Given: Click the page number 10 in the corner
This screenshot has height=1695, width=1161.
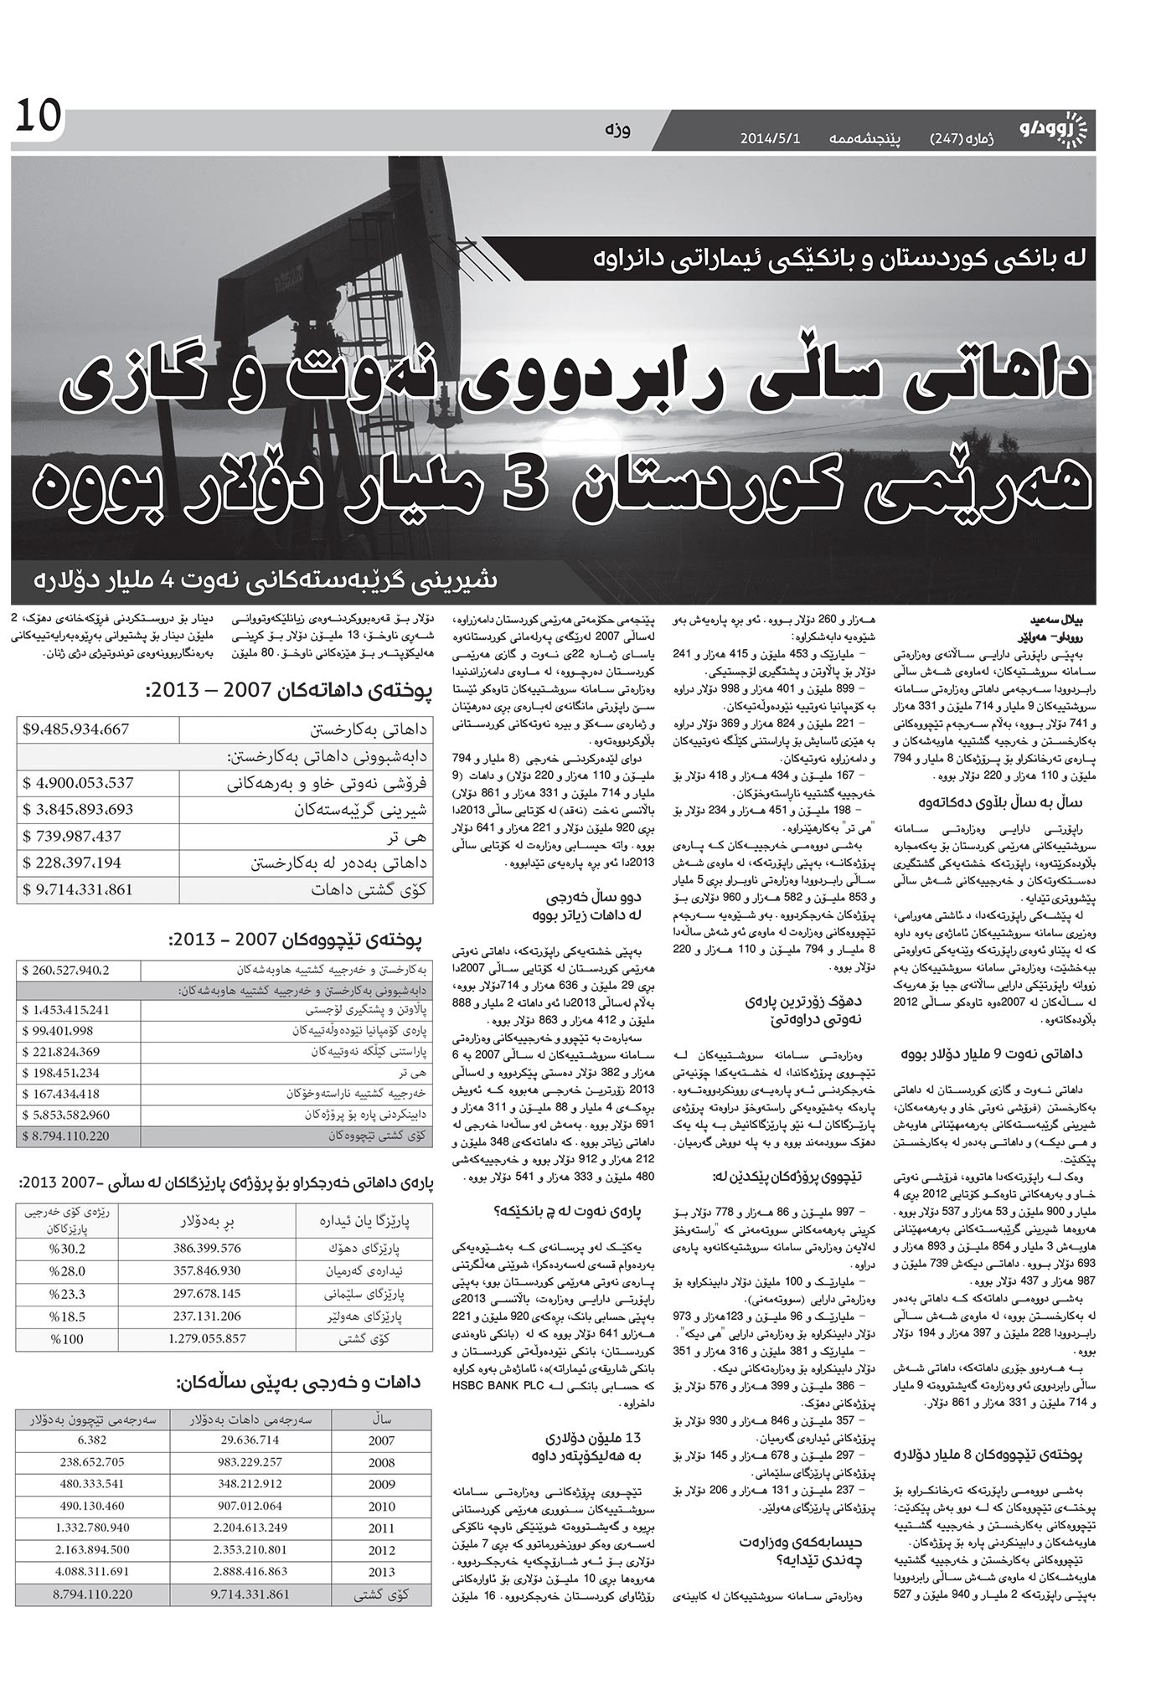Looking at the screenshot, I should click(38, 116).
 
